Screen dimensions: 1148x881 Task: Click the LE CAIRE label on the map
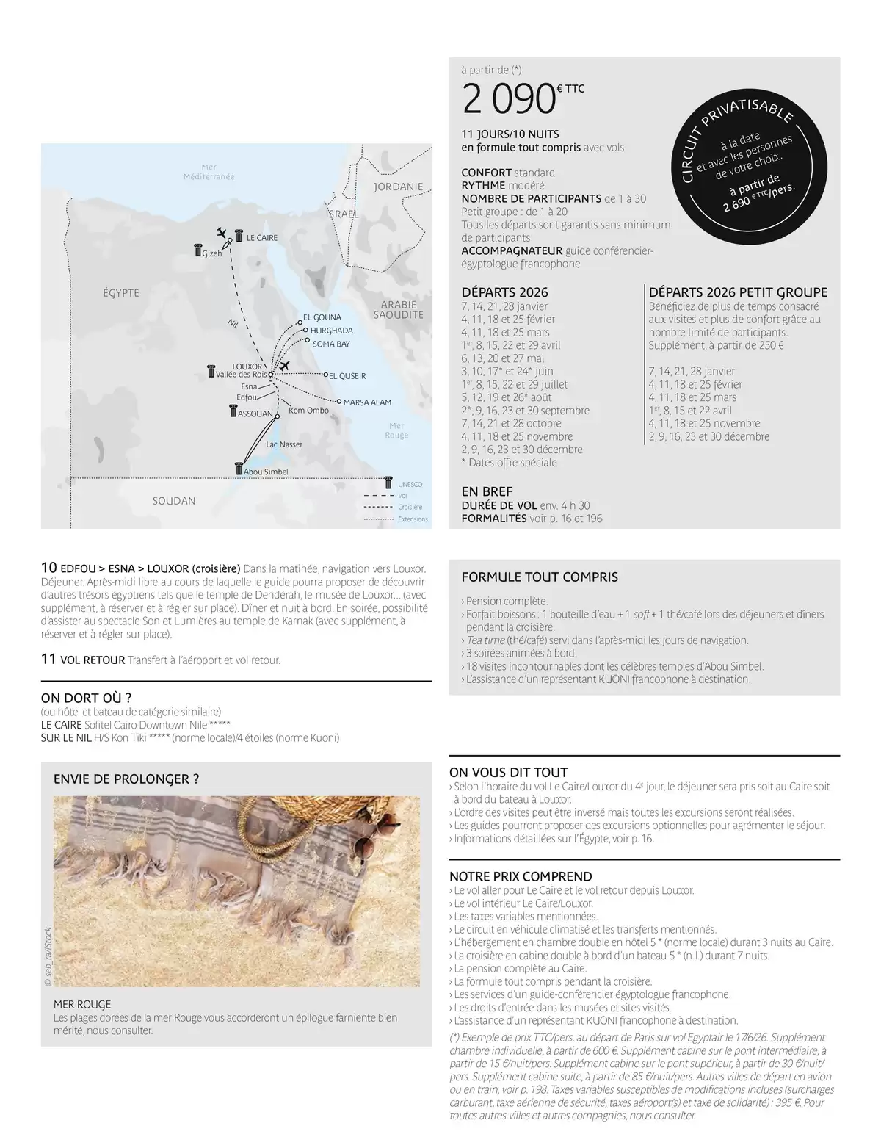tap(261, 238)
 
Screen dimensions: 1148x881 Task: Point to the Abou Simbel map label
tap(265, 472)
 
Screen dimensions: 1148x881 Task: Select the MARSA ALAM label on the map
tap(367, 402)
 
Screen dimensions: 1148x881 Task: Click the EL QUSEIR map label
tap(347, 376)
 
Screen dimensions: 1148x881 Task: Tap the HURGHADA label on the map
tap(331, 331)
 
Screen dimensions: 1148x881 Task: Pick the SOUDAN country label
tap(174, 501)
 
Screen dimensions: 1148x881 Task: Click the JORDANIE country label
tap(398, 187)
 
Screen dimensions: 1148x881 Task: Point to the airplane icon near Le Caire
tap(222, 233)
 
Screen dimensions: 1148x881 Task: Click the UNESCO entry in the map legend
tap(410, 485)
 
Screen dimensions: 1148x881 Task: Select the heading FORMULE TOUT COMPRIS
tap(540, 577)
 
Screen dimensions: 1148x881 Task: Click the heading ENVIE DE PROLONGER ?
tap(126, 779)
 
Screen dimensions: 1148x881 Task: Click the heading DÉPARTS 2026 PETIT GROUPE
tap(738, 292)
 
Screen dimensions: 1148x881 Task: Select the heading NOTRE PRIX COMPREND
tap(521, 876)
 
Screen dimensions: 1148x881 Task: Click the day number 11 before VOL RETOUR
tap(48, 660)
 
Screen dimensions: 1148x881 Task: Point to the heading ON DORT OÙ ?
tap(86, 698)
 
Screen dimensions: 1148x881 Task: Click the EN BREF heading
tap(487, 491)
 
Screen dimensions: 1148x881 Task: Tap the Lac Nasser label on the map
tap(284, 444)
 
